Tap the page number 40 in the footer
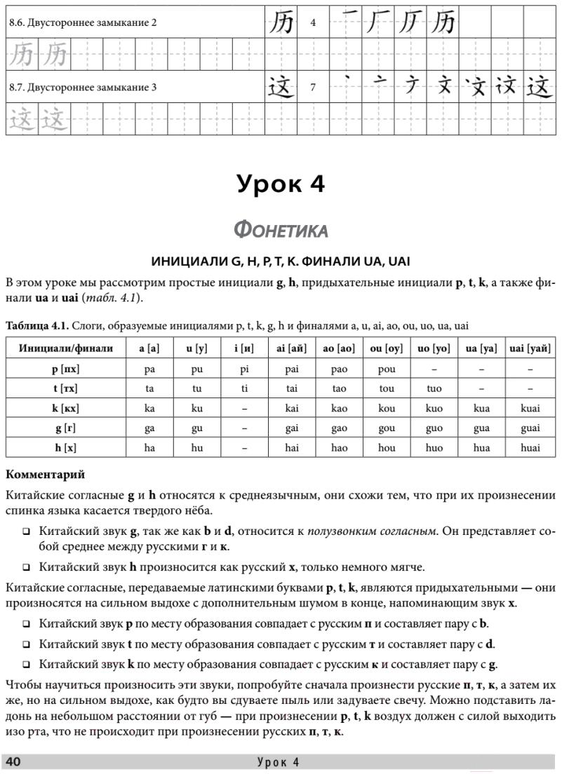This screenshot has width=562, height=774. [x=13, y=763]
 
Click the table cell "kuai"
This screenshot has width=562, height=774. [x=530, y=407]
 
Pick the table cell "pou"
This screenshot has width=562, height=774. [x=387, y=369]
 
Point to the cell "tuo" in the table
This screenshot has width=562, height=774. [x=434, y=388]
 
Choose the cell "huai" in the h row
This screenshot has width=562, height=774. [x=530, y=447]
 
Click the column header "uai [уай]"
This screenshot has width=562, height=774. [x=530, y=348]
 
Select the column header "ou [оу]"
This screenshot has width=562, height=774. [x=387, y=348]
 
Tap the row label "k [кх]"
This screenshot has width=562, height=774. [x=66, y=407]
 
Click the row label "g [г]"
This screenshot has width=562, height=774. [x=66, y=428]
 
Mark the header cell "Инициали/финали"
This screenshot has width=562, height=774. [x=66, y=348]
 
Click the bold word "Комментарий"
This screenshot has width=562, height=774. [x=45, y=475]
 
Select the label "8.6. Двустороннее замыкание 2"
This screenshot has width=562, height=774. [x=83, y=22]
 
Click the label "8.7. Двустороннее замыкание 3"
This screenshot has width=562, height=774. [x=83, y=88]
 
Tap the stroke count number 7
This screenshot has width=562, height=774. [x=313, y=88]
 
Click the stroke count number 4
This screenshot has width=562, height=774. [x=313, y=22]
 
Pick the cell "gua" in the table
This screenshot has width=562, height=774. [x=481, y=428]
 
